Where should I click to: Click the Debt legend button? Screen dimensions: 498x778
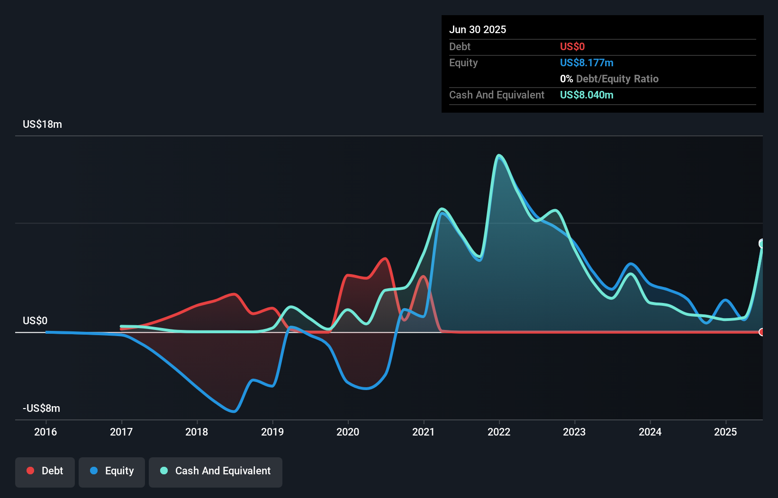pyautogui.click(x=45, y=471)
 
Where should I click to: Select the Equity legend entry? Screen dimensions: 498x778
pyautogui.click(x=112, y=471)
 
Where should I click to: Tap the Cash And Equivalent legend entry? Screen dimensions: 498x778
pyautogui.click(x=216, y=471)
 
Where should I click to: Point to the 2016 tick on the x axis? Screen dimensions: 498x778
pyautogui.click(x=45, y=432)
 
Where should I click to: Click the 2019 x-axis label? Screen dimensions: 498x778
pyautogui.click(x=272, y=432)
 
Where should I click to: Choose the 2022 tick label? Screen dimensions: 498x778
pyautogui.click(x=499, y=432)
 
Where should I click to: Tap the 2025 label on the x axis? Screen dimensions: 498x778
pyautogui.click(x=725, y=432)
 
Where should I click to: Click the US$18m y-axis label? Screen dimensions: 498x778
pyautogui.click(x=42, y=124)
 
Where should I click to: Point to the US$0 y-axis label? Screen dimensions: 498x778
pyautogui.click(x=35, y=321)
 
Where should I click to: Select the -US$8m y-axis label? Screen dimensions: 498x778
pyautogui.click(x=41, y=409)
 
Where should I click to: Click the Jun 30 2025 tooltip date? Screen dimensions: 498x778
pyautogui.click(x=478, y=30)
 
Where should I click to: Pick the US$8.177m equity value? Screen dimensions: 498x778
pyautogui.click(x=587, y=63)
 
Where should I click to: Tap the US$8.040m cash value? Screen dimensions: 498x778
pyautogui.click(x=587, y=95)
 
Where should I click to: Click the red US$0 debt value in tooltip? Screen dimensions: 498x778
pyautogui.click(x=572, y=47)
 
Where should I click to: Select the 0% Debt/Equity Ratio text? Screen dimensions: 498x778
pyautogui.click(x=609, y=79)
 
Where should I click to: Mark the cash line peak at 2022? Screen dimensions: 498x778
pyautogui.click(x=499, y=155)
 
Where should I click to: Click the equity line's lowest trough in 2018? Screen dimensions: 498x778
pyautogui.click(x=234, y=411)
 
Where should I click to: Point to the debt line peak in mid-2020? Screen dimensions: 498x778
pyautogui.click(x=385, y=258)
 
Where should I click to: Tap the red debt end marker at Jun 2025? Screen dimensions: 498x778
pyautogui.click(x=762, y=332)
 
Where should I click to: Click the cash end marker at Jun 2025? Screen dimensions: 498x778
pyautogui.click(x=762, y=244)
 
